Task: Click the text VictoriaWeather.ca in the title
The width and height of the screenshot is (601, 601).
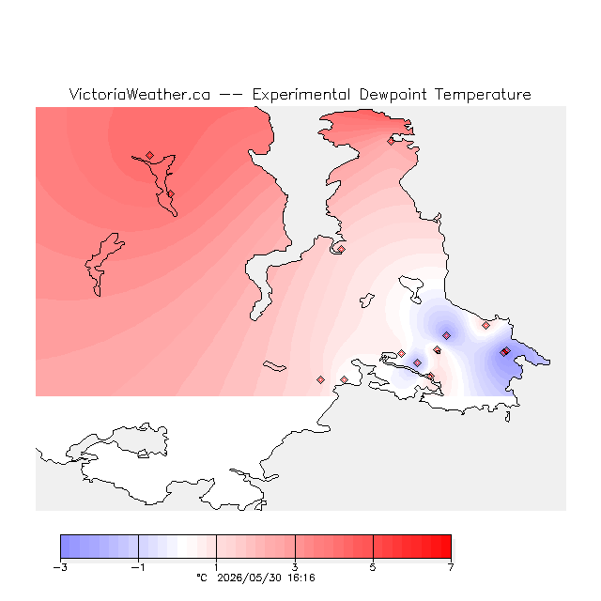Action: (140, 94)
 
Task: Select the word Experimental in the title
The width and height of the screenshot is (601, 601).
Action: (301, 95)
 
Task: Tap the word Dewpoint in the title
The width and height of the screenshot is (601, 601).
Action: (393, 95)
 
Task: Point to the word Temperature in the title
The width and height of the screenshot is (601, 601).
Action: (483, 95)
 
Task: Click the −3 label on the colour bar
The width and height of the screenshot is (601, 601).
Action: (60, 567)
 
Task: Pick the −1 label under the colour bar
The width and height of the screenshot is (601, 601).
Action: (138, 567)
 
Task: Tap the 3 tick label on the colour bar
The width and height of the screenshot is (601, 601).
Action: (295, 567)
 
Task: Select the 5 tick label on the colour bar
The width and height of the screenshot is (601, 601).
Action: (373, 567)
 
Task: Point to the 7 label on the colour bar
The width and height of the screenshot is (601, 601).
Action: (451, 567)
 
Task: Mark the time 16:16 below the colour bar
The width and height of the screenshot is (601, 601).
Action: (301, 578)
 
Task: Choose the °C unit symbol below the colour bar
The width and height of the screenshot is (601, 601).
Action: (202, 578)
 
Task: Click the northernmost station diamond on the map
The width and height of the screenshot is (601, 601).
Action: (391, 141)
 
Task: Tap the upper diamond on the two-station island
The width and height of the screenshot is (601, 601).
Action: (150, 155)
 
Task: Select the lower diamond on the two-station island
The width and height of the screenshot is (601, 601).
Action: (171, 194)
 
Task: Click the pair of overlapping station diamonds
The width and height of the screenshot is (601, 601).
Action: (505, 351)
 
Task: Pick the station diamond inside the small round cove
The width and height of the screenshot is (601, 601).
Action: (341, 249)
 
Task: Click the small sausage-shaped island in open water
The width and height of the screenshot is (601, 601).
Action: (274, 366)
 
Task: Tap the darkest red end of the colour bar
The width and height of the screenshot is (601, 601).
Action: (447, 547)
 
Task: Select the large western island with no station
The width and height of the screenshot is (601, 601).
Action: (102, 264)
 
